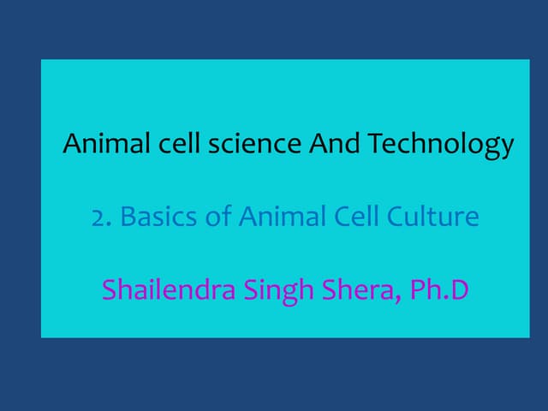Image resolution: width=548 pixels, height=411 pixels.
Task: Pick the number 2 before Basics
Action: pyautogui.click(x=97, y=217)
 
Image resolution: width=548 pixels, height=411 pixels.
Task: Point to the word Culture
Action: pyautogui.click(x=433, y=217)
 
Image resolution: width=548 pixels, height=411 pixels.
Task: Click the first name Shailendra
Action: pyautogui.click(x=167, y=290)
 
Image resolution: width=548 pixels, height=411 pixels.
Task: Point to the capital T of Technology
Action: pyautogui.click(x=374, y=143)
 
